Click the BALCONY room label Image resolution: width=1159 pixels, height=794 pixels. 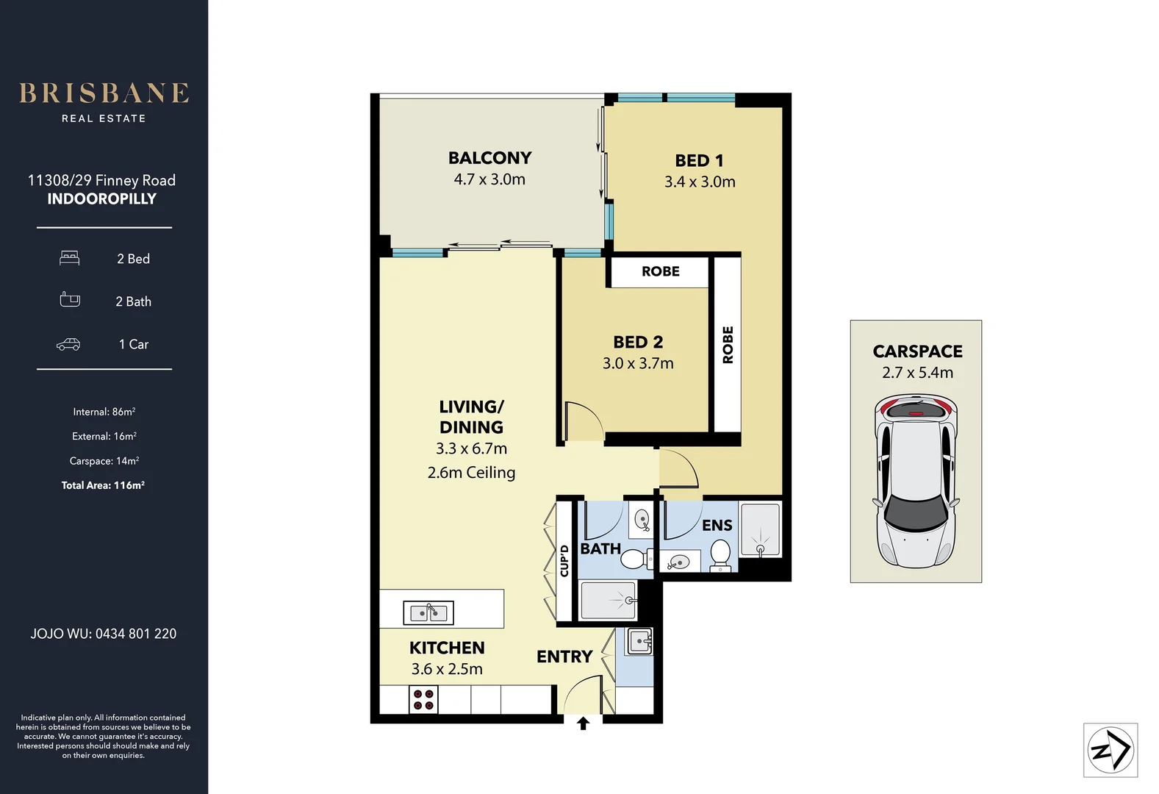click(x=489, y=158)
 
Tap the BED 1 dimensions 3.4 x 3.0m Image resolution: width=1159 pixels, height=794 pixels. click(x=700, y=182)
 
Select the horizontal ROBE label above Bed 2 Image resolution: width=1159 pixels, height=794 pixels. click(x=660, y=271)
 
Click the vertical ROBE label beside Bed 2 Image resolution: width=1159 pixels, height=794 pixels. click(x=728, y=344)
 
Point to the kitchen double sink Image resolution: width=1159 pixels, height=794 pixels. click(x=428, y=612)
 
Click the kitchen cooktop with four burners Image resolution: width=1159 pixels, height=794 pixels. click(x=423, y=700)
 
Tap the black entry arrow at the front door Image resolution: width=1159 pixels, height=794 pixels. click(x=584, y=723)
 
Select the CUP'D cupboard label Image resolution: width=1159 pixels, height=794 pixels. click(x=564, y=560)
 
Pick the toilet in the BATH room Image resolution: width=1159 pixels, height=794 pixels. click(x=635, y=559)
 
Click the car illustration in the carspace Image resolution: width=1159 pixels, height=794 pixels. click(x=916, y=482)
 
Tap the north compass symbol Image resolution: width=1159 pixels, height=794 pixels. click(x=1110, y=750)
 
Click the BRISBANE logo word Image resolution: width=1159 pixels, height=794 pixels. click(x=104, y=93)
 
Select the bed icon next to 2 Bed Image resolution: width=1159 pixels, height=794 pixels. click(x=70, y=258)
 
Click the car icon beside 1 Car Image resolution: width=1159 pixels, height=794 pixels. click(x=68, y=344)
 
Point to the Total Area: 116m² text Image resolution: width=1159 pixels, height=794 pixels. click(x=103, y=485)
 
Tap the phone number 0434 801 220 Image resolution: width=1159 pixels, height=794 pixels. click(x=136, y=634)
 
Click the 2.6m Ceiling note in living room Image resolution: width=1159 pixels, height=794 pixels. click(x=471, y=473)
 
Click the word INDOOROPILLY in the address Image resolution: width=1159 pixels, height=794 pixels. click(x=102, y=199)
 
